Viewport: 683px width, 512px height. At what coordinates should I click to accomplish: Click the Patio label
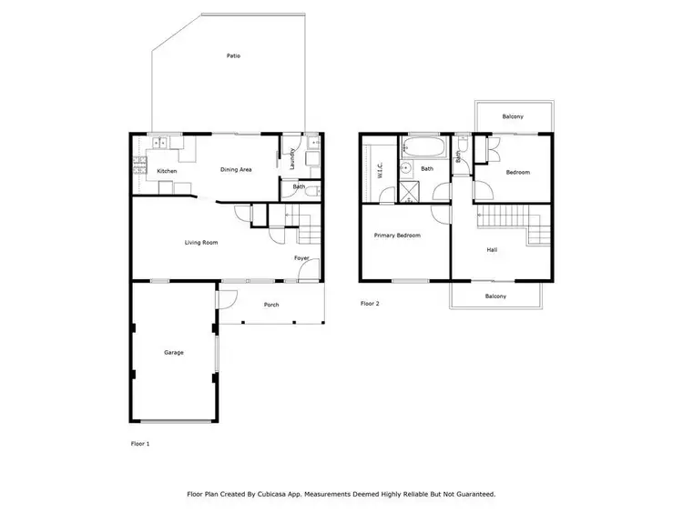[x=233, y=56]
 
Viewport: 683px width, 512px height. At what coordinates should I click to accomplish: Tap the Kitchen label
[x=167, y=171]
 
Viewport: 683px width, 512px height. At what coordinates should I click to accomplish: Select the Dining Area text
[x=236, y=169]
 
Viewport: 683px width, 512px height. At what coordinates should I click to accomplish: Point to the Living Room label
[x=201, y=242]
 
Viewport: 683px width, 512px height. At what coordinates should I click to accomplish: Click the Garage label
[x=173, y=352]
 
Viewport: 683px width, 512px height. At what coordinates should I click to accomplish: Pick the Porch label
[x=270, y=305]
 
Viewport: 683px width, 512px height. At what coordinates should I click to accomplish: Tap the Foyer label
[x=301, y=258]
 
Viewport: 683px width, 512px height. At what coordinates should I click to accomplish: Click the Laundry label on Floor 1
[x=292, y=158]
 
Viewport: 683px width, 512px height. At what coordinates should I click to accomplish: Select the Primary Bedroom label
[x=397, y=236]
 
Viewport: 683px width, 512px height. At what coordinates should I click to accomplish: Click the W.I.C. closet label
[x=380, y=170]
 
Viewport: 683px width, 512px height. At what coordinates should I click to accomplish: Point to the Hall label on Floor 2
[x=492, y=249]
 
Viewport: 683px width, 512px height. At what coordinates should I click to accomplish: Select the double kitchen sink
[x=158, y=143]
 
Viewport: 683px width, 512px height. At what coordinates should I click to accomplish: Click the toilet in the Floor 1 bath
[x=311, y=190]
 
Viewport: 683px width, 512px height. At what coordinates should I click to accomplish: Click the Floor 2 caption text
[x=369, y=303]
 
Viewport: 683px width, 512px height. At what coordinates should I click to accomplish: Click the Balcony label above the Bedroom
[x=513, y=116]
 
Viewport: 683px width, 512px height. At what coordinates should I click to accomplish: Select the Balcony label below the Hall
[x=495, y=296]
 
